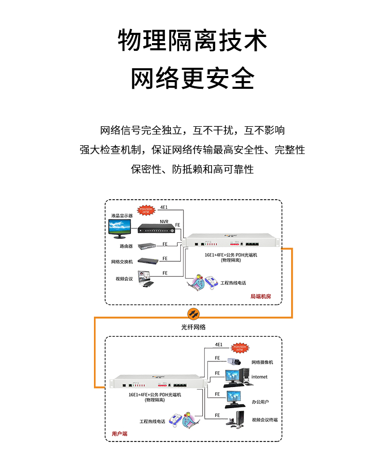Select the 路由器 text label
pyautogui.click(x=125, y=246)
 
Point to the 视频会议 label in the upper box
pyautogui.click(x=124, y=279)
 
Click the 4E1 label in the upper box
pyautogui.click(x=164, y=207)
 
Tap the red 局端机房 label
pyautogui.click(x=260, y=297)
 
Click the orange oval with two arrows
pyautogui.click(x=192, y=313)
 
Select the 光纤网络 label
pyautogui.click(x=193, y=326)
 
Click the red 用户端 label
pyautogui.click(x=120, y=434)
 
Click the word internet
pyautogui.click(x=259, y=377)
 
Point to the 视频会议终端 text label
pyautogui.click(x=264, y=420)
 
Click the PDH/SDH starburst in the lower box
pyautogui.click(x=240, y=348)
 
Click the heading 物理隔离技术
pyautogui.click(x=192, y=41)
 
